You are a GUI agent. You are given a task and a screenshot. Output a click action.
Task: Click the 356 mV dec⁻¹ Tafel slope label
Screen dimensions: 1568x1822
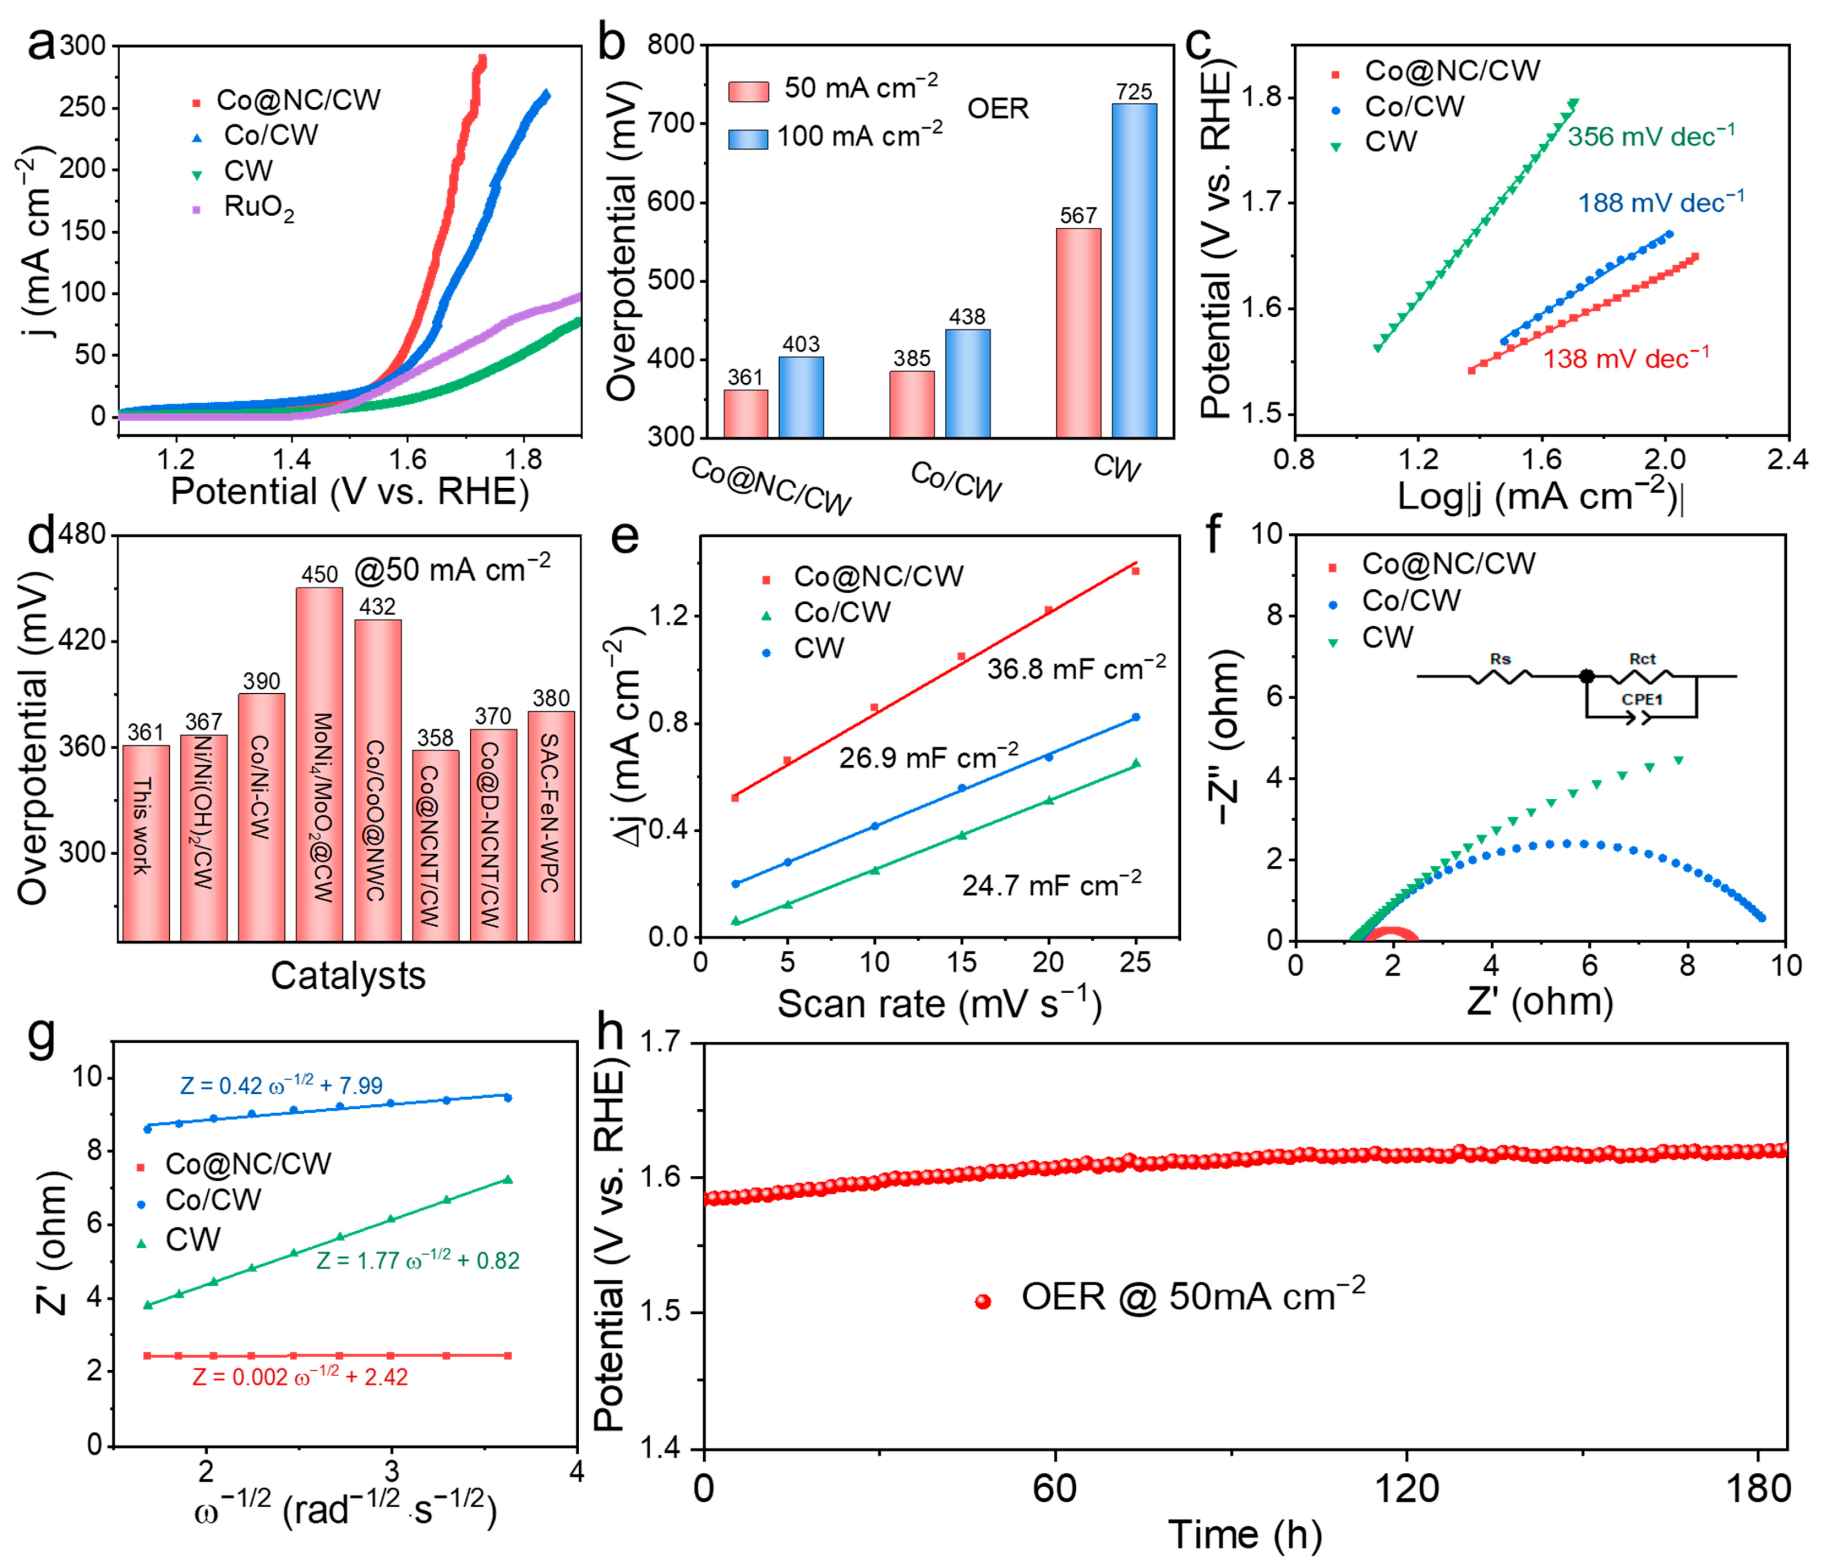click(x=1651, y=136)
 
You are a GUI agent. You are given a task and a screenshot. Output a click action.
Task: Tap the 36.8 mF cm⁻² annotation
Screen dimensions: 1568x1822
click(x=1075, y=668)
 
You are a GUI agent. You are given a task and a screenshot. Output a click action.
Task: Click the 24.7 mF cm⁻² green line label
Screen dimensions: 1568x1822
click(x=1051, y=884)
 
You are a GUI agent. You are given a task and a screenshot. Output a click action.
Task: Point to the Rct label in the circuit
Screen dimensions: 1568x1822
click(x=1641, y=659)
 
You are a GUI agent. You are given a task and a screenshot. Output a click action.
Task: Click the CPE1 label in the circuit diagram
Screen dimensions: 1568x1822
click(x=1642, y=699)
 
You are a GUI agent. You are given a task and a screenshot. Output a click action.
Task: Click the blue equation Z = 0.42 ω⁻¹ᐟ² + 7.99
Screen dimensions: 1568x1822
click(x=282, y=1085)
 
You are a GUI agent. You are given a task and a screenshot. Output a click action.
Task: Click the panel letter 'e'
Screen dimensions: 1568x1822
click(x=624, y=536)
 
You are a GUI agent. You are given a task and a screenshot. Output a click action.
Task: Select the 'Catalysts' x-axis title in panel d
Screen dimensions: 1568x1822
click(x=347, y=976)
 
